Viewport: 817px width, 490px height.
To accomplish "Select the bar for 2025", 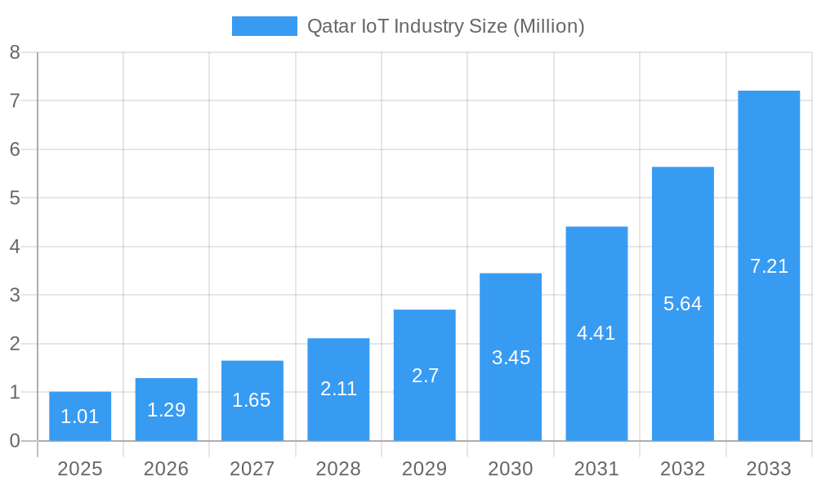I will point(80,416).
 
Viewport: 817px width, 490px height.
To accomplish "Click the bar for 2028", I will point(338,390).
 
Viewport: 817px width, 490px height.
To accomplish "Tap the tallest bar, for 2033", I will point(769,265).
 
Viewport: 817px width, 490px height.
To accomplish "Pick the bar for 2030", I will point(511,357).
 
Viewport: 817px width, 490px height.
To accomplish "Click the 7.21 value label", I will point(769,266).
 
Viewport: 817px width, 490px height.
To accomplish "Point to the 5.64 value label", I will point(682,304).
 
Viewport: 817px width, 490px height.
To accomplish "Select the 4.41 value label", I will point(596,333).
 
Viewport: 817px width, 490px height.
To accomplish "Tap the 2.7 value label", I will point(425,376).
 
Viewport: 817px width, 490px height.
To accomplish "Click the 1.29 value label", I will point(166,410).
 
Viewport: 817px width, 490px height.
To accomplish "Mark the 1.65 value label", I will point(252,400).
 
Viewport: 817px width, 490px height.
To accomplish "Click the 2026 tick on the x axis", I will point(166,469).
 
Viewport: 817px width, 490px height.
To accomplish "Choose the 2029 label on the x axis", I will point(425,469).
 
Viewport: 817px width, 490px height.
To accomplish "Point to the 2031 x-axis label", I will point(596,469).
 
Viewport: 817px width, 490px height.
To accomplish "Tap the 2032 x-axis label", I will point(682,469).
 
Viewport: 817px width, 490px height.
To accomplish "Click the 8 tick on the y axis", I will point(15,52).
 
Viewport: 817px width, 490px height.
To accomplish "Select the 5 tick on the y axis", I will point(15,198).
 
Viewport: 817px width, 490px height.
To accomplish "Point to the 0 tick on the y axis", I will point(15,441).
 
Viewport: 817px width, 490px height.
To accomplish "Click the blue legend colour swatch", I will point(264,26).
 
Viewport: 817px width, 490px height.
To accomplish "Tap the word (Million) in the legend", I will point(548,27).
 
